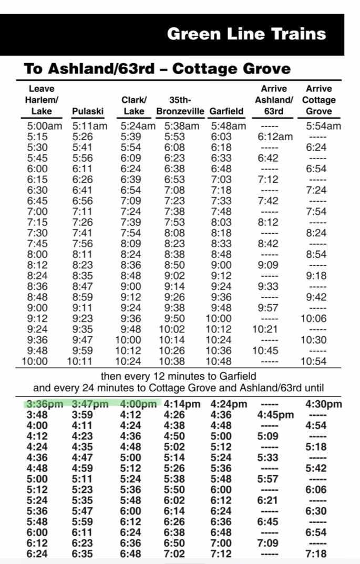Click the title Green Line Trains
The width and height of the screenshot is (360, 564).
tap(246, 34)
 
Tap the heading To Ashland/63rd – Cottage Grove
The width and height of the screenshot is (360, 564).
tap(157, 68)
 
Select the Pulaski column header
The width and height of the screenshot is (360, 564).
tap(88, 111)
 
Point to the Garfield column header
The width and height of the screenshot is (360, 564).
tap(227, 111)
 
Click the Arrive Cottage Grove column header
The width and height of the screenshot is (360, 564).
tap(319, 100)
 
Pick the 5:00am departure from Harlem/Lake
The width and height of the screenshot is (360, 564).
tap(44, 126)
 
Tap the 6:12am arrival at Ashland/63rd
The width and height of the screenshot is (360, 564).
tap(275, 137)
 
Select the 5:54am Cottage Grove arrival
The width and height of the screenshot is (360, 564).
tap(323, 126)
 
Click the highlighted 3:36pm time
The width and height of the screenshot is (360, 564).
tap(44, 404)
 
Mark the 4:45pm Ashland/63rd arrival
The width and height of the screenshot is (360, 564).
tap(275, 415)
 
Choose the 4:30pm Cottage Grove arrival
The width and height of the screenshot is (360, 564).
tap(323, 404)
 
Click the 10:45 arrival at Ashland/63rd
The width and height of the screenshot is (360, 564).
tap(265, 350)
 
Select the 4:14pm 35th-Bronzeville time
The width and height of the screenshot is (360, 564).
tap(182, 404)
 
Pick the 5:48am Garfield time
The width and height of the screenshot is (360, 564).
tap(228, 126)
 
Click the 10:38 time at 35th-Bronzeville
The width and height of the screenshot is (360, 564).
tap(171, 361)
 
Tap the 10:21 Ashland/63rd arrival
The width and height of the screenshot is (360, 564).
tap(265, 329)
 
